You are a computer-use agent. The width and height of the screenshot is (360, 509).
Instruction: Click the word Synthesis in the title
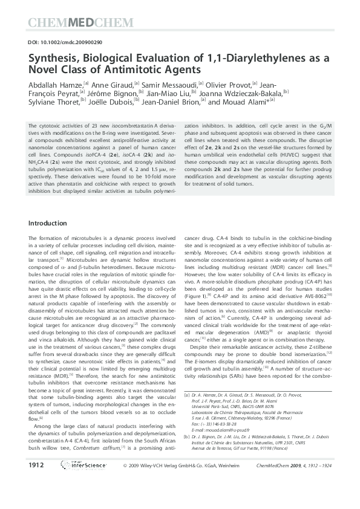click(x=56, y=58)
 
